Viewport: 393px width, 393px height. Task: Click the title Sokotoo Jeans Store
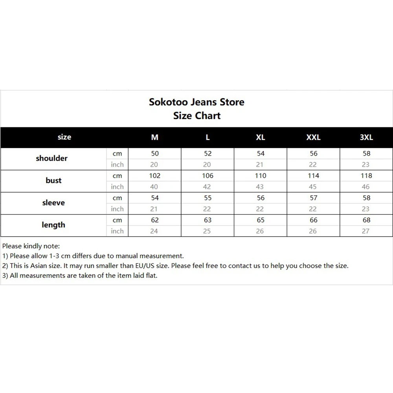[x=196, y=102]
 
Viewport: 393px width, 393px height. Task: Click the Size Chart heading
[x=196, y=116]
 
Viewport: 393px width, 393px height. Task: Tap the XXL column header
[x=313, y=137]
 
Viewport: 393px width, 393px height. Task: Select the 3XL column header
[x=366, y=137]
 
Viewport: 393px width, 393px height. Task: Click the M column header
[x=155, y=137]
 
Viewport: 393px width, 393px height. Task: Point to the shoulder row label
[x=51, y=158]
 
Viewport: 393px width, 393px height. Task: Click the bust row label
[x=53, y=180]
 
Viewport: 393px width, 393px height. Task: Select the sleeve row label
[x=53, y=203]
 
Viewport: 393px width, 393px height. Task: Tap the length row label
[x=53, y=225]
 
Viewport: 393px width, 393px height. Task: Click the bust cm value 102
[x=155, y=176]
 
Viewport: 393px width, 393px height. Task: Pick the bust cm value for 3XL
[x=366, y=176]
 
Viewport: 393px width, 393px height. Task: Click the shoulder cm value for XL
[x=261, y=154]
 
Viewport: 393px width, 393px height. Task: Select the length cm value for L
[x=208, y=220]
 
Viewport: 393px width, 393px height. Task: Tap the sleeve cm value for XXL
[x=313, y=198]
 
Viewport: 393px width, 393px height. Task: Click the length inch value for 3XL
[x=366, y=231]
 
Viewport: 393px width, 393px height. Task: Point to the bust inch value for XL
[x=260, y=187]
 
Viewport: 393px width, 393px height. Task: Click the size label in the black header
[x=64, y=137]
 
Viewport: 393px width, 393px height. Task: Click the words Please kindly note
[x=31, y=246]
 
